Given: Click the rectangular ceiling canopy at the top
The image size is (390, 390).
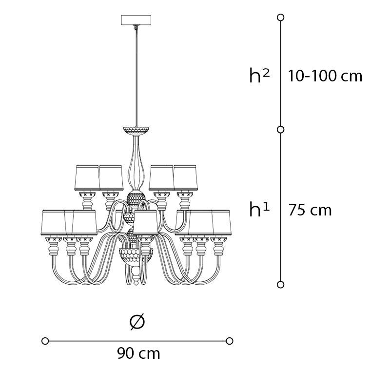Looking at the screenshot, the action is pos(136,20).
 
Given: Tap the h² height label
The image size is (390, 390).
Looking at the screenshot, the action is pos(259,76).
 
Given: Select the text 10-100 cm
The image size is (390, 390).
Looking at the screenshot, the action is pos(325,76).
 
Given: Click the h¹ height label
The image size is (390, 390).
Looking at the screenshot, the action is pos(259,210).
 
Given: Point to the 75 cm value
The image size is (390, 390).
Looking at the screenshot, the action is pos(310,210).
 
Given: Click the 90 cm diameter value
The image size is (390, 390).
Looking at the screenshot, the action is pos(138,353).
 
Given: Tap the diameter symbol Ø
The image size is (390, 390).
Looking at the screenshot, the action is pos(137,322).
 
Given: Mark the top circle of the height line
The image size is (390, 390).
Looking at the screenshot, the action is pos(281,18).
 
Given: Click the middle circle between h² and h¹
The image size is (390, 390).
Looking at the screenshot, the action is pos(281,130).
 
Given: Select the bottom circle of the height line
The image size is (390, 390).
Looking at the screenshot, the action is pos(281,285).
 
